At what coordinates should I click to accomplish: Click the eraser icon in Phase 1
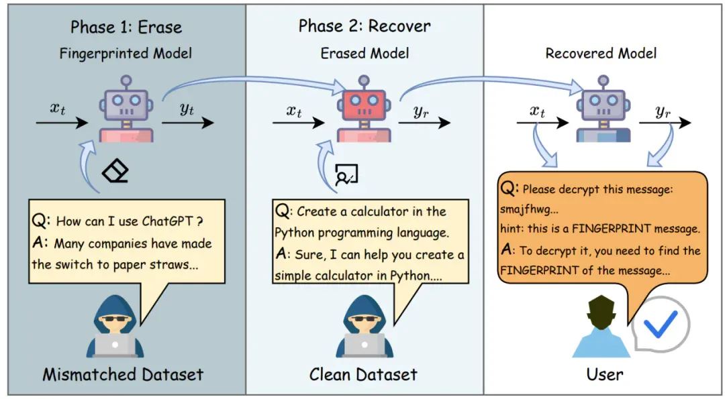click(x=115, y=171)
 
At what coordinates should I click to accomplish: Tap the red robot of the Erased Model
click(x=364, y=109)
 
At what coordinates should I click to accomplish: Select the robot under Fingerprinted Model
click(x=126, y=109)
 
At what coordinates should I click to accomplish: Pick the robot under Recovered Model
click(x=603, y=109)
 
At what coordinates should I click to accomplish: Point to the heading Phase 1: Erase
click(x=126, y=27)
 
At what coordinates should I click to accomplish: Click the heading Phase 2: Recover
click(x=365, y=26)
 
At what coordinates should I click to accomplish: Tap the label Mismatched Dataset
click(x=123, y=374)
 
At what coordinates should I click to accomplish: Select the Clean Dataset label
click(x=363, y=374)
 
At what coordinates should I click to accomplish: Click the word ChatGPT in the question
click(x=167, y=221)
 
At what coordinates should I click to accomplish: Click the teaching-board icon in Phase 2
click(x=346, y=174)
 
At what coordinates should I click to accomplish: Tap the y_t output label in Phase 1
click(x=187, y=109)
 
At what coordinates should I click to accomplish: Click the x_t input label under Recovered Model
click(x=537, y=111)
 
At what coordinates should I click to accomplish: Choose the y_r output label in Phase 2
click(x=421, y=112)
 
